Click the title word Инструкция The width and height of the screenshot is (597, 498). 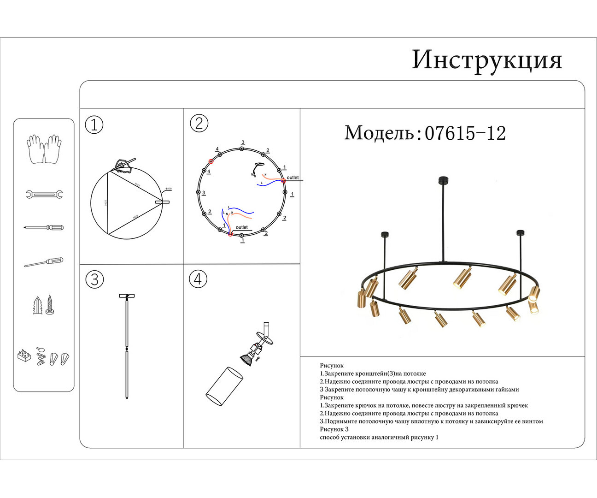487,60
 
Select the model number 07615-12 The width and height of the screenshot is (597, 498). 465,133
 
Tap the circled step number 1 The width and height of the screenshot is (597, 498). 94,125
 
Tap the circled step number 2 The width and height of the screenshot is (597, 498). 199,124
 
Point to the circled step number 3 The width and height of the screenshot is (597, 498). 94,279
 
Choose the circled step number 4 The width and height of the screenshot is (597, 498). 198,279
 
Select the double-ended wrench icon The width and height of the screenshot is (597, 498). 44,195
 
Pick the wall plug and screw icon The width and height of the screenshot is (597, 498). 44,305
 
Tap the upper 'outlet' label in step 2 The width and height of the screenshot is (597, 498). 293,178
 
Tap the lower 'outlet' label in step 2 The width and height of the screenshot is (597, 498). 241,227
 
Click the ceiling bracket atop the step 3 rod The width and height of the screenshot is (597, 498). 127,296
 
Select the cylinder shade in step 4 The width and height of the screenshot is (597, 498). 224,386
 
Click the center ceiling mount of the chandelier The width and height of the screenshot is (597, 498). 443,180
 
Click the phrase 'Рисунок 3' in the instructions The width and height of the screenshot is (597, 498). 334,429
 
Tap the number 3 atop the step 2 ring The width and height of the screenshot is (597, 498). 243,142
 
